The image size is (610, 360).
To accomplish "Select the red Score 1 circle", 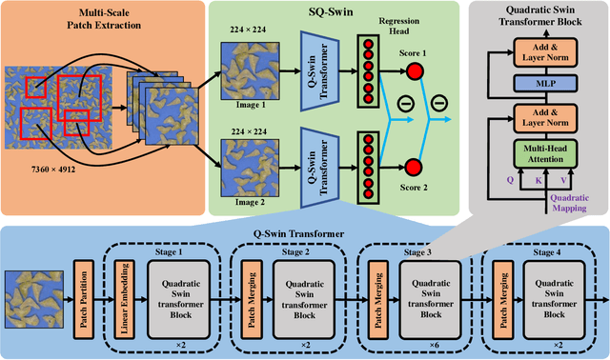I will (414, 71).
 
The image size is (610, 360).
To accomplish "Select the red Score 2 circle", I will (414, 163).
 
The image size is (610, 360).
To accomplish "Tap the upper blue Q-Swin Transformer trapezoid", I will (320, 70).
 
